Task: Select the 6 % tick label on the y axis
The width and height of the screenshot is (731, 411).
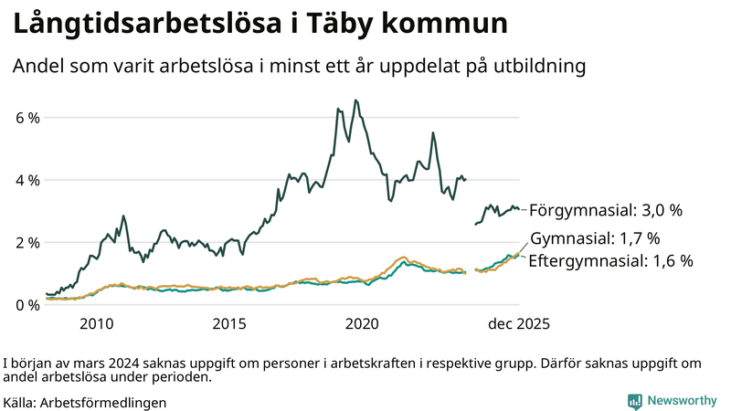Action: click(27, 118)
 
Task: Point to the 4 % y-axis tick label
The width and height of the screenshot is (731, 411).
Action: click(27, 180)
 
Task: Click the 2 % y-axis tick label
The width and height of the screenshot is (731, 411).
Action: click(27, 242)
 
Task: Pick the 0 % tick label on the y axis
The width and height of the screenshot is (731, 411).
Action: click(27, 304)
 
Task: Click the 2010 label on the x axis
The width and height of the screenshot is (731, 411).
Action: click(97, 323)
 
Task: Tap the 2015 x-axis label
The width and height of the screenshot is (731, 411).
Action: click(230, 323)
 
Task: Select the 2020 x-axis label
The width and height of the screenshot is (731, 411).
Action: click(364, 323)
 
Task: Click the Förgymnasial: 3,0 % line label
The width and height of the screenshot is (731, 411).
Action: click(606, 210)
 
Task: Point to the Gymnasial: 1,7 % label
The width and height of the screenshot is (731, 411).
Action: click(594, 238)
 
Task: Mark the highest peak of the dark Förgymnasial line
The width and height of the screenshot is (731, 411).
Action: click(355, 100)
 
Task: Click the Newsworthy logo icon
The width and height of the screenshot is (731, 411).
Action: click(634, 401)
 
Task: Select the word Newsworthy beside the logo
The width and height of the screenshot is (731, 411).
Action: click(682, 401)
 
